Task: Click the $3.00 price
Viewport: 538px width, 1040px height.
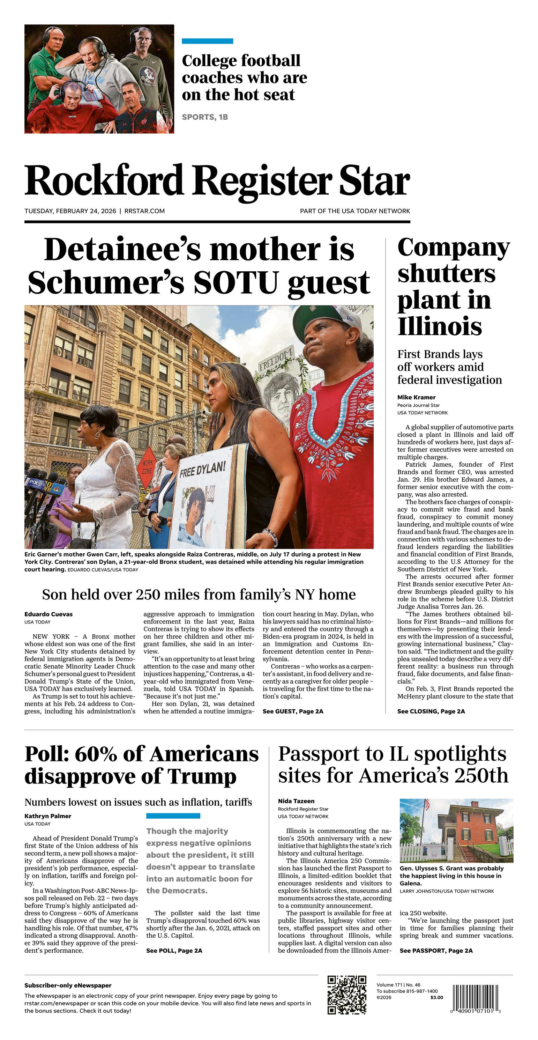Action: point(436,997)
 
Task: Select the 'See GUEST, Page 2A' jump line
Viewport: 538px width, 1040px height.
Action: point(293,711)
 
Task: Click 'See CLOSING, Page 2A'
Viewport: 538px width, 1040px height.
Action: point(431,711)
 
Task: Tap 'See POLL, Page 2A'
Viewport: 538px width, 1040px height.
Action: point(174,950)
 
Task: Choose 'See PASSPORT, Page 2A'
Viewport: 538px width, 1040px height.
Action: point(436,950)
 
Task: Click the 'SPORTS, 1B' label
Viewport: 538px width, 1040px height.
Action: point(204,117)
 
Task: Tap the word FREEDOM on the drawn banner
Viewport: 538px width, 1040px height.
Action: point(276,359)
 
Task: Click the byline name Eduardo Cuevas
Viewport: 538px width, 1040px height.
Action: point(48,614)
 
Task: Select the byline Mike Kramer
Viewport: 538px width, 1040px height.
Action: point(416,397)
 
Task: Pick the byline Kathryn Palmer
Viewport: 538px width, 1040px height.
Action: point(48,816)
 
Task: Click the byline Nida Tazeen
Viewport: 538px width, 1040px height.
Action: point(296,801)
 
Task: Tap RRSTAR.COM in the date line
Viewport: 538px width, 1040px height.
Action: point(144,211)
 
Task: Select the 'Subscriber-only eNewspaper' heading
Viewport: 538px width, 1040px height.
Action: point(68,986)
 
